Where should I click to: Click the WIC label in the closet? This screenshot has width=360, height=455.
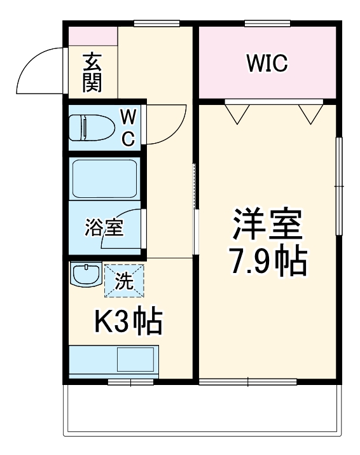point(267,64)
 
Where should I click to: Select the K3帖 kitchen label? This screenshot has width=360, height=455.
point(128,323)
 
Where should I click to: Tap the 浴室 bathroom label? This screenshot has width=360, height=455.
point(104,227)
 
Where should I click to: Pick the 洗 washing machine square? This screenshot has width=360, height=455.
point(125,280)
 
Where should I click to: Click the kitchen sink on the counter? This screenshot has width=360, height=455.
point(135,360)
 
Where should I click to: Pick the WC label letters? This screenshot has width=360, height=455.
point(128,127)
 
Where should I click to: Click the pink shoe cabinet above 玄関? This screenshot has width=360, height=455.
point(93,36)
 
